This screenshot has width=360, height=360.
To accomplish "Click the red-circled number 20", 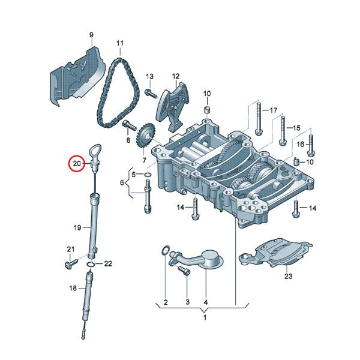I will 77,163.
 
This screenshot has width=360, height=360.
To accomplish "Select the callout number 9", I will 91,35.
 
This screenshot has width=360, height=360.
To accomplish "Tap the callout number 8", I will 128,139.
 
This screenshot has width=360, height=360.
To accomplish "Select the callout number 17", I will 274,110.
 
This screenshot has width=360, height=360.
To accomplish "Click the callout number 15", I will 296,128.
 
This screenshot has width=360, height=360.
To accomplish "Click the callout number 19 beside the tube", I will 77,227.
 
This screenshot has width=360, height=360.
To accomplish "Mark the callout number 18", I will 72,288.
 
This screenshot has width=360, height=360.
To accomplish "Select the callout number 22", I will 108,263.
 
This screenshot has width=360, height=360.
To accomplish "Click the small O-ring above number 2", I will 165,251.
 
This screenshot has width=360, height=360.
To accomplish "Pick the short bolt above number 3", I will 185,273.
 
